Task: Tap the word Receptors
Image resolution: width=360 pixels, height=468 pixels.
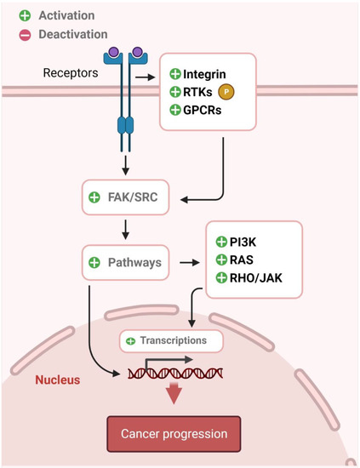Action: (71, 72)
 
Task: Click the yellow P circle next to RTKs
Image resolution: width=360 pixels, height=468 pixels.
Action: (226, 92)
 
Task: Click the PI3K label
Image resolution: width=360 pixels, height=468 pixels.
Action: (244, 243)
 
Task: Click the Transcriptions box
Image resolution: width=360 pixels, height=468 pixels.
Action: (171, 340)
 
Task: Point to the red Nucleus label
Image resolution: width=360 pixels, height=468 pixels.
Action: (58, 380)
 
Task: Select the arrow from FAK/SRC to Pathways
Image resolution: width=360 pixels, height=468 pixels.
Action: (125, 229)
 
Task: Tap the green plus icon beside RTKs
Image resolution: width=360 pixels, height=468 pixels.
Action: (174, 92)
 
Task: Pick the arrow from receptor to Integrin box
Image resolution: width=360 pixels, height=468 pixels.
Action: (146, 77)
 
